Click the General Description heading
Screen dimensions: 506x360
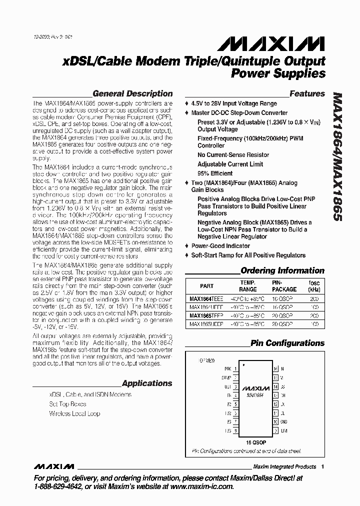(x=132, y=93)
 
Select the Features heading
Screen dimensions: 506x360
(x=307, y=93)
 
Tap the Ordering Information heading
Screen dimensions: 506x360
(x=282, y=270)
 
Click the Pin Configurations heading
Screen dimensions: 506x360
(x=287, y=343)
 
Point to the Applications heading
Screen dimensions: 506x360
(x=147, y=383)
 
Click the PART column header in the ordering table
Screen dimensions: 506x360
(x=206, y=286)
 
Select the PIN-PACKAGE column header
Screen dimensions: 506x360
(x=284, y=286)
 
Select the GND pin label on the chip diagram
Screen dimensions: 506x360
(x=282, y=421)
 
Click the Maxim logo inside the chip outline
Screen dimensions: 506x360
(x=254, y=388)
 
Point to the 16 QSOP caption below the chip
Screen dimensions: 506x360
(x=255, y=441)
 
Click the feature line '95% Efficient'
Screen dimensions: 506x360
(x=215, y=173)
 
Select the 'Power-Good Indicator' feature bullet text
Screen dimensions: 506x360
(x=220, y=246)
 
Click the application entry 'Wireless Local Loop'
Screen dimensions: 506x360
(x=74, y=413)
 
